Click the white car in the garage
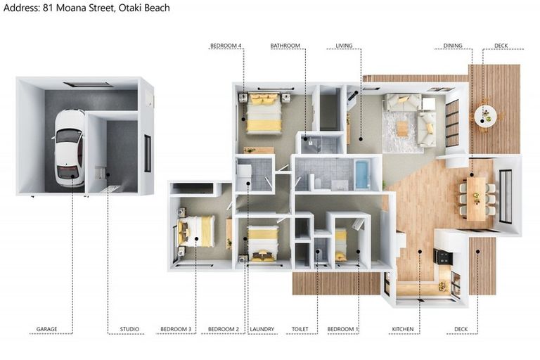pos(69,148)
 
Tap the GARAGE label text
pos(47,329)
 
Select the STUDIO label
pos(129,329)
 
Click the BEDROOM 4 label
pos(226,46)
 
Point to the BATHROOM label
pos(285,46)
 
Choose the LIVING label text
pos(344,46)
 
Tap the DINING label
pos(453,46)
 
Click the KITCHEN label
pos(403,329)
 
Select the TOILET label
pos(300,329)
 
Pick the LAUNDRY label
pos(262,329)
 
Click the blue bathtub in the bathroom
pos(362,174)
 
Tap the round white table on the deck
pos(486,117)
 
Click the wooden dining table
pos(476,199)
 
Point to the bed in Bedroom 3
pos(195,231)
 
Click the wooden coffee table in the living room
pos(402,129)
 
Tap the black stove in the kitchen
pos(443,257)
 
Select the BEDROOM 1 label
pos(343,329)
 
